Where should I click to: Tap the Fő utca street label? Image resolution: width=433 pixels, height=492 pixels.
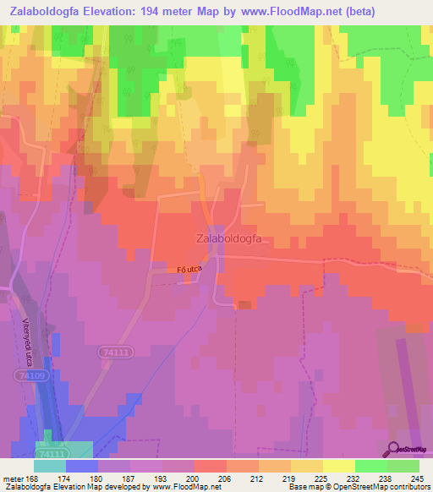pos(190,269)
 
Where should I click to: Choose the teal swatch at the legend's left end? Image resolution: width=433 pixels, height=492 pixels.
pos(50,466)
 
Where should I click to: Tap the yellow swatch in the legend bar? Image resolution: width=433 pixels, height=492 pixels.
pos(338,466)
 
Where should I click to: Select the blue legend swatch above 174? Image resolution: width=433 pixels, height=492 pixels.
pos(82,466)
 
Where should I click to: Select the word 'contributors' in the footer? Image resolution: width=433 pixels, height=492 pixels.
pos(408,488)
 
